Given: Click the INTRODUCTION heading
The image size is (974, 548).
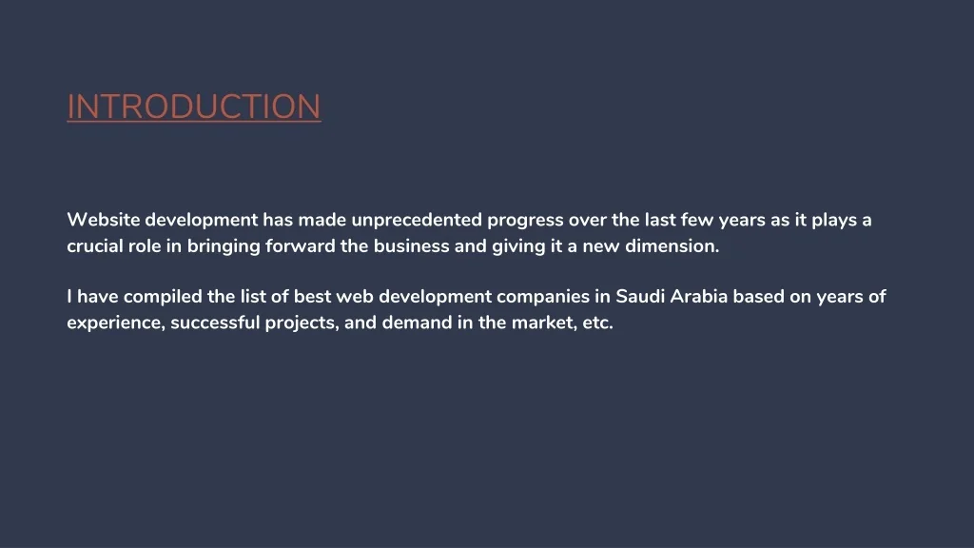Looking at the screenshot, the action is coord(194,107).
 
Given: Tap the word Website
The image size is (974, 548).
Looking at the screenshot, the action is coord(103,220).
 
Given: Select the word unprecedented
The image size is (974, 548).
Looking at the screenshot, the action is coord(417,220).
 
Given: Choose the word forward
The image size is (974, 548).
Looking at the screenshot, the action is coord(300,246).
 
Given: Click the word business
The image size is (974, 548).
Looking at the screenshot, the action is coord(411,246).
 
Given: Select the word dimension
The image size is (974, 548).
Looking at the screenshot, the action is coord(672,246).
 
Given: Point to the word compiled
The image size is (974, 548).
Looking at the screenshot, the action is coord(163,298).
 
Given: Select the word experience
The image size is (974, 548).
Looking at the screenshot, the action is coord(115,323).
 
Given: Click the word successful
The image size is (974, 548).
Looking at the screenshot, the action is coord(215,323).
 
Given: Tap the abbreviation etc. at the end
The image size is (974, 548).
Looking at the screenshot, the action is coord(597,323).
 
